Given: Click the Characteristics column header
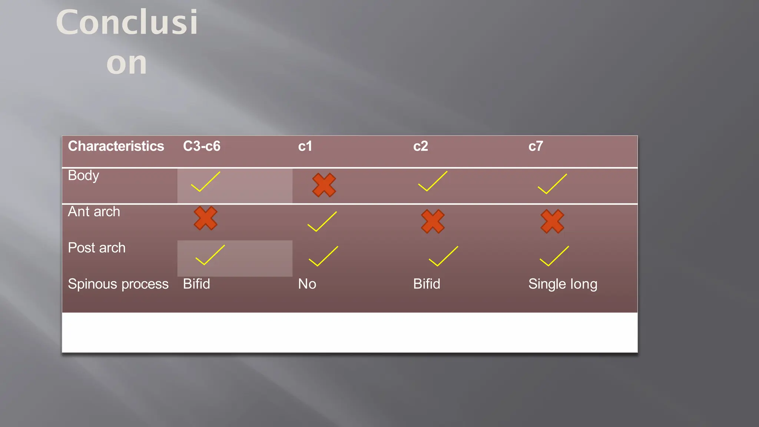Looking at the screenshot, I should [x=116, y=146].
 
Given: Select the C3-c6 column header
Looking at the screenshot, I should [x=202, y=146].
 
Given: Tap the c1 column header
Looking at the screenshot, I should [x=305, y=146].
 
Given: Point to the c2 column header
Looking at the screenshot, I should [x=421, y=146].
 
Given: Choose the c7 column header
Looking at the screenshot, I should [x=536, y=146].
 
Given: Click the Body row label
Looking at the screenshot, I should [x=83, y=176].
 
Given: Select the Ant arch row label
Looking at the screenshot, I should [x=94, y=212].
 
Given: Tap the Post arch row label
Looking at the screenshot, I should [x=96, y=248].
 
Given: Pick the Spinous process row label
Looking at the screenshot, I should [x=118, y=284].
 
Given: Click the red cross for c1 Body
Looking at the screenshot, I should [x=324, y=185].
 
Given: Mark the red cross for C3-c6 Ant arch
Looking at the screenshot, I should [x=205, y=218].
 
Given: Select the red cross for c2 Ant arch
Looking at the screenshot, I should [x=432, y=221].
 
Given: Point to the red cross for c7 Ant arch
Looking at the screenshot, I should [x=552, y=221].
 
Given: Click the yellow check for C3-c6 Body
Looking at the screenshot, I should [x=205, y=182].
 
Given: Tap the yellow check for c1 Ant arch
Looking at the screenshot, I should [x=322, y=222].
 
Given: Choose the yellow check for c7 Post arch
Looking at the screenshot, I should [x=554, y=256].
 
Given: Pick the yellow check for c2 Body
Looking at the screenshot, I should [x=432, y=181].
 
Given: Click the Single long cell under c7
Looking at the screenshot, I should [x=563, y=284].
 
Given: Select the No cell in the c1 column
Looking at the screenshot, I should [x=307, y=284].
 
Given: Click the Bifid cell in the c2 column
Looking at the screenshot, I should [x=427, y=284].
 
